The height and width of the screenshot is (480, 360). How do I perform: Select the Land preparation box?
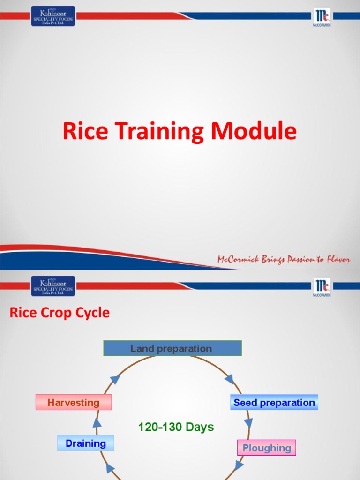click(172, 348)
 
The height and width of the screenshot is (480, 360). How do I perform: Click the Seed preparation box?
click(274, 402)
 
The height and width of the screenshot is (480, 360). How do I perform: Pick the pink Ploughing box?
click(267, 448)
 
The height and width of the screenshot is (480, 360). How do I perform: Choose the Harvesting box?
click(74, 402)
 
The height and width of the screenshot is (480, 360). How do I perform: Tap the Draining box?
click(86, 443)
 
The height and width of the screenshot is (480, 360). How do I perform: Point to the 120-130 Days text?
click(176, 427)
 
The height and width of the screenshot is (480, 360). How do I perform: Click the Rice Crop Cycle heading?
click(60, 313)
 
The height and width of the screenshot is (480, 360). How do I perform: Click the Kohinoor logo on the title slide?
click(53, 16)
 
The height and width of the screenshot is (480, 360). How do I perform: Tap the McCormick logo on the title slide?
click(322, 17)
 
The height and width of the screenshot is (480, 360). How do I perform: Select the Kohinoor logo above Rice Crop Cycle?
click(53, 286)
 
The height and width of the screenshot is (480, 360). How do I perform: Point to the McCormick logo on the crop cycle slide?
click(322, 286)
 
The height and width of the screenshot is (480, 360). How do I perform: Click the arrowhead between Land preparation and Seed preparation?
click(229, 378)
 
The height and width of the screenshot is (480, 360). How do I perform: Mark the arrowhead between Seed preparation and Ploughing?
click(248, 423)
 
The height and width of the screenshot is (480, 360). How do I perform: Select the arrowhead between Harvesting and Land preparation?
click(115, 379)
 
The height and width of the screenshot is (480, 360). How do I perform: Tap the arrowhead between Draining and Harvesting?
click(97, 422)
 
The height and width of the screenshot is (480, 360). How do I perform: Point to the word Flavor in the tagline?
click(337, 259)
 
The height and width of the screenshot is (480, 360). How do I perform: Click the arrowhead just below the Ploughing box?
click(240, 465)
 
